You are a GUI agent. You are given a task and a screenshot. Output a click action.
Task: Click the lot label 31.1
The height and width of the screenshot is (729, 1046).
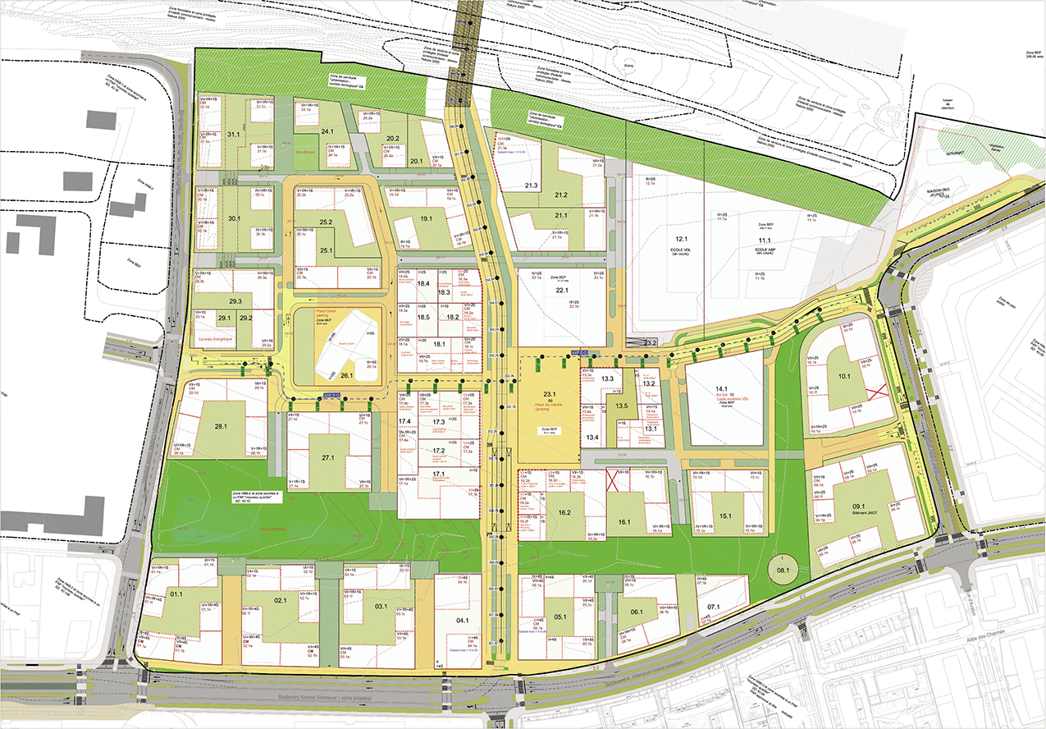pos(233,134)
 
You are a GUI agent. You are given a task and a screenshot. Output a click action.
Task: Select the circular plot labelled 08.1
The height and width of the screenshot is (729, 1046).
pos(783,570)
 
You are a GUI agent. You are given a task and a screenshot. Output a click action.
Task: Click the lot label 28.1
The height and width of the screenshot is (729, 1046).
pos(220,426)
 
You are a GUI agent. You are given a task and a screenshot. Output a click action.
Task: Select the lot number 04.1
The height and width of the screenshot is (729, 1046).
pos(463,621)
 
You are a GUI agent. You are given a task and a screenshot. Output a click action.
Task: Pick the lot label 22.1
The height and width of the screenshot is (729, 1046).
pos(562,291)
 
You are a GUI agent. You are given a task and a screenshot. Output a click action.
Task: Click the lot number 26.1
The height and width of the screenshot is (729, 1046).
pos(345,376)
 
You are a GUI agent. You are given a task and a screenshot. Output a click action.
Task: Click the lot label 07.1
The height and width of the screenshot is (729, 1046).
pos(712,607)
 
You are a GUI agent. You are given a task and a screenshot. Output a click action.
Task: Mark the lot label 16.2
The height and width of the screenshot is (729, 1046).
pos(564,512)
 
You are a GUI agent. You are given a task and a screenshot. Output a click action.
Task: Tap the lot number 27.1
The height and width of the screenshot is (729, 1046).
pos(329,456)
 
